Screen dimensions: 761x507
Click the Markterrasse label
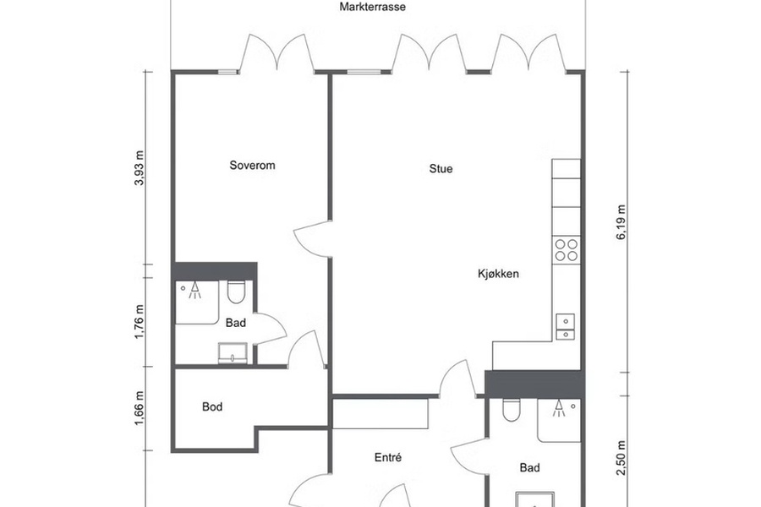tap(372, 7)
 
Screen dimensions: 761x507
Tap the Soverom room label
tap(252, 165)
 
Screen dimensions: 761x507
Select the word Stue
tap(441, 168)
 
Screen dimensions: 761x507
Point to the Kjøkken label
tap(498, 274)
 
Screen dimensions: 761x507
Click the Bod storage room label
tap(212, 406)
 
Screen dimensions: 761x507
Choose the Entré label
tap(388, 457)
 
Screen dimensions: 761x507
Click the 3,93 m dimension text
tap(140, 168)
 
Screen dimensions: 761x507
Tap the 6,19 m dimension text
tap(621, 223)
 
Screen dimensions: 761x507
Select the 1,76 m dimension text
tap(140, 322)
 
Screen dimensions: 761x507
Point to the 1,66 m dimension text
tap(140, 408)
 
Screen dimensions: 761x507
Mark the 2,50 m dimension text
tap(621, 458)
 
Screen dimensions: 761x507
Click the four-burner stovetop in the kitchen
tap(567, 250)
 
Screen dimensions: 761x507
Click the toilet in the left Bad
tap(237, 292)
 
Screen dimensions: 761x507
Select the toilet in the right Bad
tap(511, 410)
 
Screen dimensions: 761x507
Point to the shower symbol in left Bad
tap(194, 290)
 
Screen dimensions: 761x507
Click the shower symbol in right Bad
tap(559, 408)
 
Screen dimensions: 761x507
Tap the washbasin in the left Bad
tap(233, 352)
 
